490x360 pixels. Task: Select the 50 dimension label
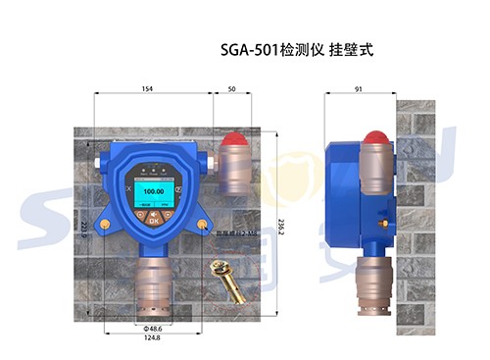pyautogui.click(x=231, y=89)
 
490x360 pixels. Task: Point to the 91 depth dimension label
pyautogui.click(x=360, y=89)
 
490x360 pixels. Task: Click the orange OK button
pyautogui.click(x=154, y=220)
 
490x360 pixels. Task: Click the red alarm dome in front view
pyautogui.click(x=232, y=141)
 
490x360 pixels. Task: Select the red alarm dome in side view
pyautogui.click(x=372, y=137)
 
